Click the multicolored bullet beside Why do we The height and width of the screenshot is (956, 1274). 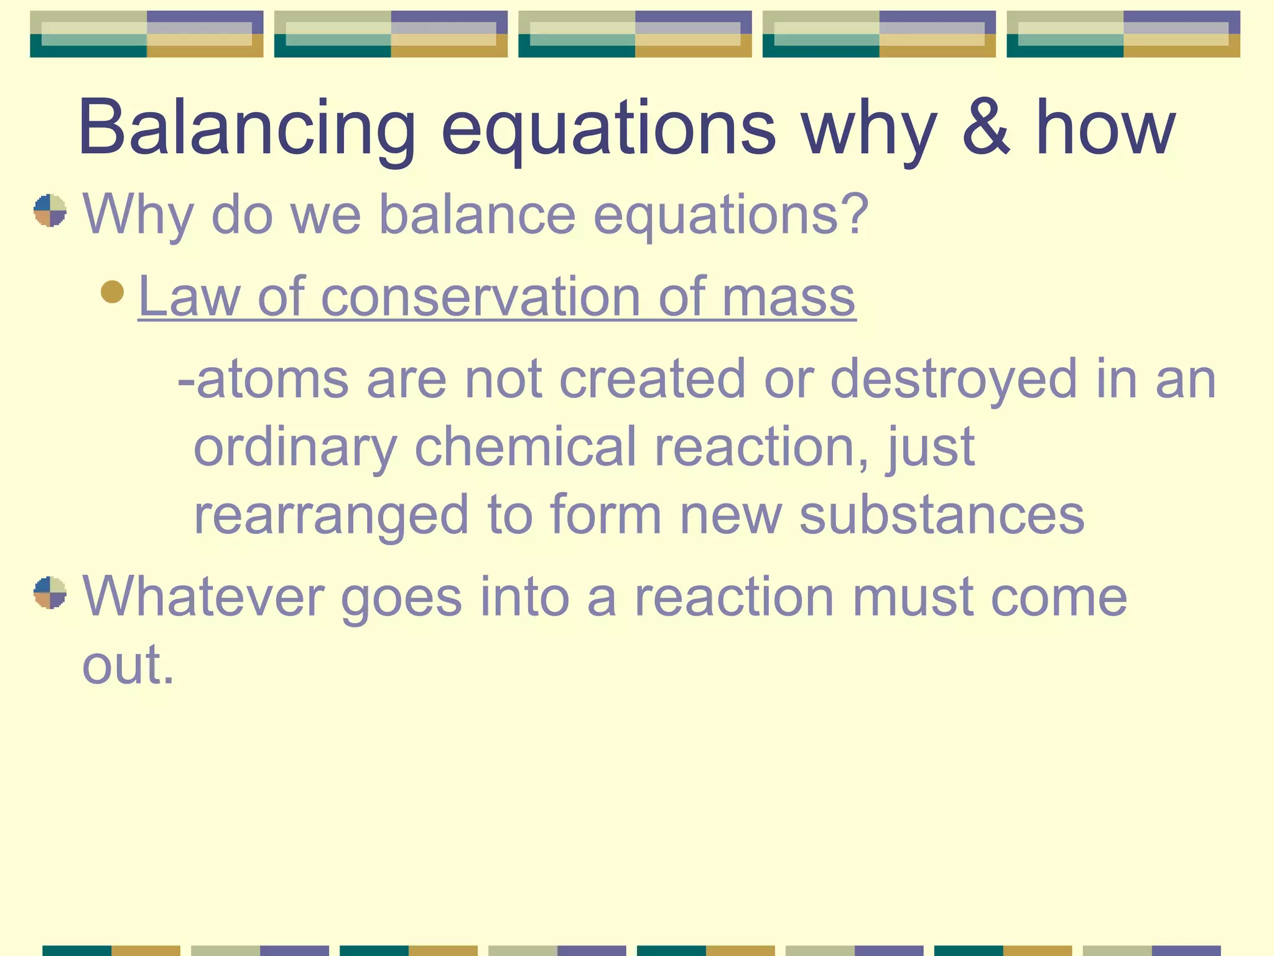pos(50,210)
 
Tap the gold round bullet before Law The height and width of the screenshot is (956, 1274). pos(113,291)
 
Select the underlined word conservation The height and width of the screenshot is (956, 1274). pos(480,298)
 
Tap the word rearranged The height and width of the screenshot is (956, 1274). pos(330,515)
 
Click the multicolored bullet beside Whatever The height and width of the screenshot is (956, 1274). pos(50,593)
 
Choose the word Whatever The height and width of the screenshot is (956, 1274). pos(203,597)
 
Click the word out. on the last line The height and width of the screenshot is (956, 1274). pos(128,665)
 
